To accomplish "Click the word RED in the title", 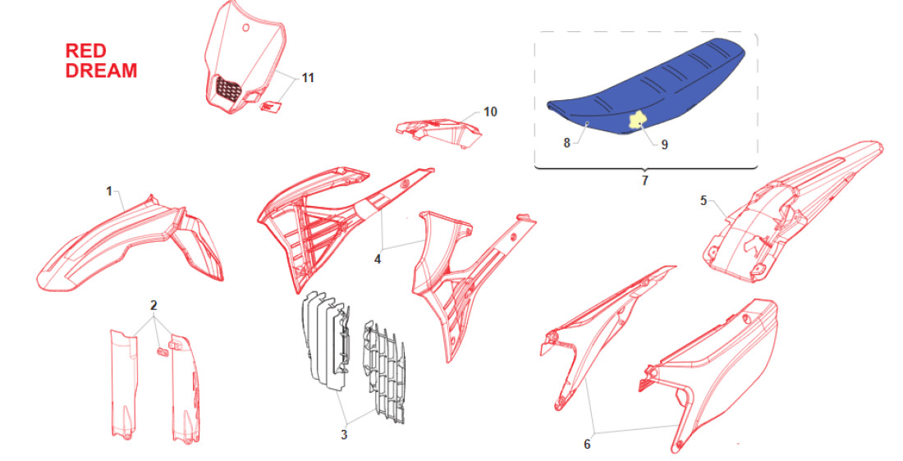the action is point(86,51).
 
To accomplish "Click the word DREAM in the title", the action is point(101,71).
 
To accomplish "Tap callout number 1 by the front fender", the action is point(109,191).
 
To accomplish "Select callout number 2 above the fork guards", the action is point(154,306).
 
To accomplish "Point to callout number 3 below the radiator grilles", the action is point(344,435).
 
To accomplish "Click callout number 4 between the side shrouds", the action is point(378,259).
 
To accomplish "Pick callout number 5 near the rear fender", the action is point(704,201).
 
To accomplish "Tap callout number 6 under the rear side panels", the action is point(588,445).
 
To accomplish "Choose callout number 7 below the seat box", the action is point(645,180).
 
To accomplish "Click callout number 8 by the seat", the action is point(566,143).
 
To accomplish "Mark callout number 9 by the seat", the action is point(665,144).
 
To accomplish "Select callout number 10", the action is point(490,112).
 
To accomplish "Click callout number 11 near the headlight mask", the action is point(308,78).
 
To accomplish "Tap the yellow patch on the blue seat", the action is point(635,119).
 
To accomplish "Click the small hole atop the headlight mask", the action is point(246,28).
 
